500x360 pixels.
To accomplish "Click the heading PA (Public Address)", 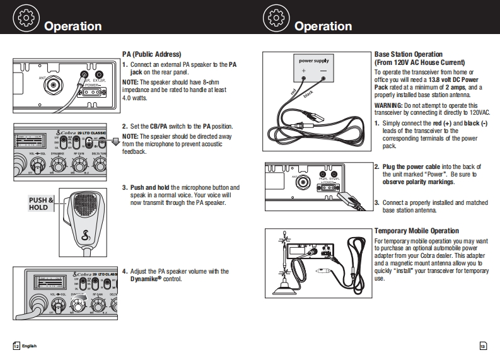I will pos(151,54).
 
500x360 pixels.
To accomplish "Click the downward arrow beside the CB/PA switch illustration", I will pos(115,141).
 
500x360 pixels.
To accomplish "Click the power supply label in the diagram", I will pos(313,61).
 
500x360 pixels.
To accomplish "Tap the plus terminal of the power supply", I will pos(303,71).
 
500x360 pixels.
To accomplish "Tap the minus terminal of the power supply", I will pos(324,71).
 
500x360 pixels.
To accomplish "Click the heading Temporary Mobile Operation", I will pos(416,231).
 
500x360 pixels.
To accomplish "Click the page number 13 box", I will pos(482,346).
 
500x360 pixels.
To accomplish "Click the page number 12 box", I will pos(16,346).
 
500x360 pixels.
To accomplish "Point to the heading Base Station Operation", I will pos(409,55).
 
